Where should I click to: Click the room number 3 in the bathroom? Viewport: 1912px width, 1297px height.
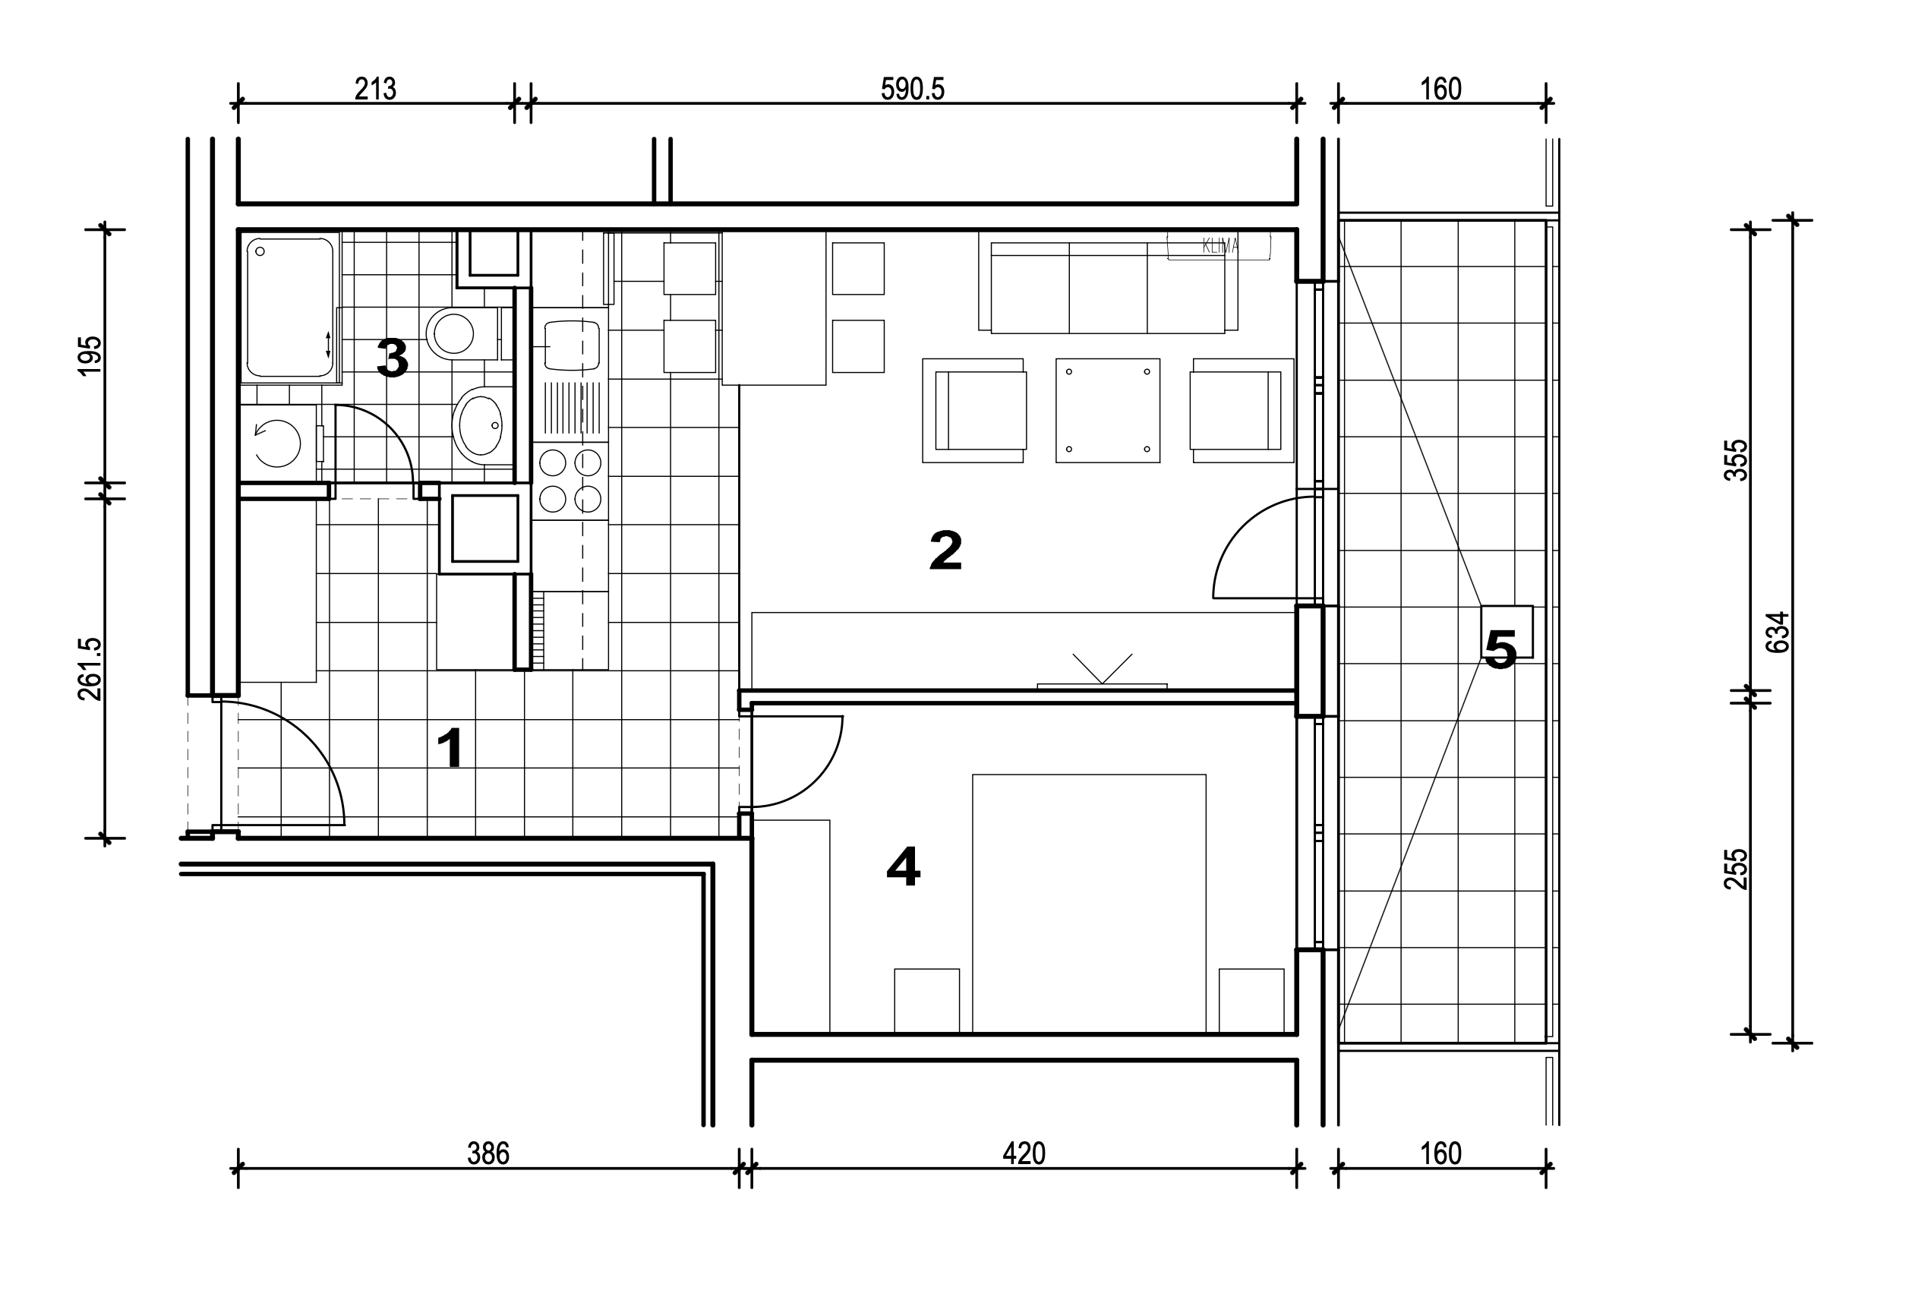(x=393, y=358)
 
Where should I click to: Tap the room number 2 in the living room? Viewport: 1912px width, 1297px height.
(x=945, y=551)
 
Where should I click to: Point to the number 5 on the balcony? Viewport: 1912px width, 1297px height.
(x=1500, y=650)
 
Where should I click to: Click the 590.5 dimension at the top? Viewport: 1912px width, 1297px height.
(x=913, y=89)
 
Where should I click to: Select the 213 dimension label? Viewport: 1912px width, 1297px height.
(x=375, y=89)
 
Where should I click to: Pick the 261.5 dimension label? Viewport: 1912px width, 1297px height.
(x=90, y=669)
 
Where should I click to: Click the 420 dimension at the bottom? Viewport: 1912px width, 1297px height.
(x=1024, y=1153)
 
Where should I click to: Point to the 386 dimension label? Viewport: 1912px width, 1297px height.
(x=488, y=1153)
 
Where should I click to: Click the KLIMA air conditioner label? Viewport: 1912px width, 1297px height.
(x=1220, y=245)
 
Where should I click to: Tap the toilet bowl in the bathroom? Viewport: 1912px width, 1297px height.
(x=462, y=333)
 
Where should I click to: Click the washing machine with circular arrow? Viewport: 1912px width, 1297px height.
(x=278, y=443)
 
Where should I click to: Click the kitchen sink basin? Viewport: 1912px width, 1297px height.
(x=571, y=345)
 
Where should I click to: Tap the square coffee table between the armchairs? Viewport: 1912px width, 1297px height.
(x=1107, y=410)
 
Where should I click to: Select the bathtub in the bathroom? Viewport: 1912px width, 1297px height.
(x=290, y=308)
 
